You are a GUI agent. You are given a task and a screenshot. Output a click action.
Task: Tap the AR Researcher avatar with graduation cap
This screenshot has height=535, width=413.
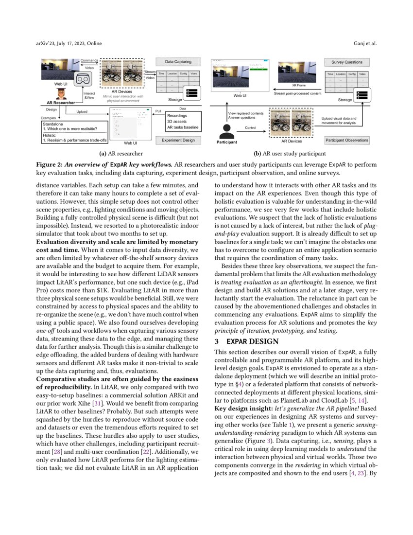click(61, 94)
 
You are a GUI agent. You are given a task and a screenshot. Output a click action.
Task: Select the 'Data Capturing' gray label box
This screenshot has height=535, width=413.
click(178, 62)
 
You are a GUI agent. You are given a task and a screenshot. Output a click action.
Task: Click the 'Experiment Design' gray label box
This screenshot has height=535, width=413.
click(178, 140)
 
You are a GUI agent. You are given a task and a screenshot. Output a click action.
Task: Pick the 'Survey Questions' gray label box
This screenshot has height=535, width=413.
click(346, 62)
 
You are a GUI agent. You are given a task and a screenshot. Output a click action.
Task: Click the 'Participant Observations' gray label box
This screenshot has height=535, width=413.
click(346, 140)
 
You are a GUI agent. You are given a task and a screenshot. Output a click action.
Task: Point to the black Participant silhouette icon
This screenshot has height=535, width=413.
click(226, 130)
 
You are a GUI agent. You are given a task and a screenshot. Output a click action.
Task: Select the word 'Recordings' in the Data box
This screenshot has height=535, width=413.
click(177, 116)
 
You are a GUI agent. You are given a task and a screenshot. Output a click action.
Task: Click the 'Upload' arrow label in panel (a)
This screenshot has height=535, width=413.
click(83, 111)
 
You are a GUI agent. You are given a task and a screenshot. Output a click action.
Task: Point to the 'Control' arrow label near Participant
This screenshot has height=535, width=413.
click(251, 127)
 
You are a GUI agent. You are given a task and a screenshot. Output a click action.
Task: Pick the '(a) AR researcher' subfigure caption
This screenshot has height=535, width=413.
click(121, 153)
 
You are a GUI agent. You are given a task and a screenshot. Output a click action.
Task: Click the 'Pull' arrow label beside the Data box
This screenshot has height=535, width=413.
click(158, 111)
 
